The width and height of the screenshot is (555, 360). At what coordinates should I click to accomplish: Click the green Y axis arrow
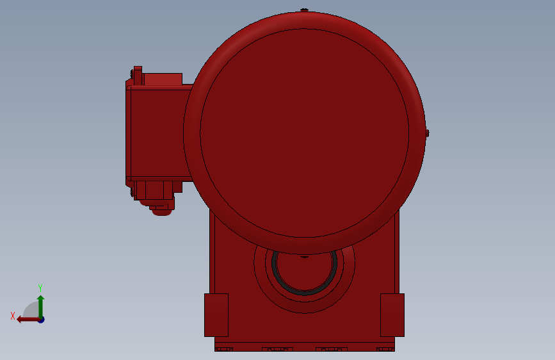40,304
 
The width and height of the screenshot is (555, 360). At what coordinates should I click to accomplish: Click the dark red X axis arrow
26,319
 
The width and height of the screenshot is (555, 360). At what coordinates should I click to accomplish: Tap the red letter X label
13,316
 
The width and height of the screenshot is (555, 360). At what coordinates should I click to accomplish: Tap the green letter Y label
40,288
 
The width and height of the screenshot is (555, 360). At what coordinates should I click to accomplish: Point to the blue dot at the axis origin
40,319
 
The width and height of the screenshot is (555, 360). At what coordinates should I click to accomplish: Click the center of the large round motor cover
304,133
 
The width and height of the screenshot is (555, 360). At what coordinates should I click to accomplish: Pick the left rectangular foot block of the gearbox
216,315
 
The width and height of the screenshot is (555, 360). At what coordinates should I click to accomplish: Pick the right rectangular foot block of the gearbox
392,315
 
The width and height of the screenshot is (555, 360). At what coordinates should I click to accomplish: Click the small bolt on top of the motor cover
304,10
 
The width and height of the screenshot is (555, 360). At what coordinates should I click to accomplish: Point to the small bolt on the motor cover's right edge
427,133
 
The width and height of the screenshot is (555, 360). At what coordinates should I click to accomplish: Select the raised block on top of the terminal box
163,79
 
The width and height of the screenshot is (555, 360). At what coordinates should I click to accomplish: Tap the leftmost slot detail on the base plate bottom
223,349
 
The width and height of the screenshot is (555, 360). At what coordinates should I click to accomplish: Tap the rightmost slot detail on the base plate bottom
385,349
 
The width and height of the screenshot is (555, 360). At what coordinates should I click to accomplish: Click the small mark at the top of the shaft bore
305,257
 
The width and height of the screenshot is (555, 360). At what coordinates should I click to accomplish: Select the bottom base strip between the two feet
304,346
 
